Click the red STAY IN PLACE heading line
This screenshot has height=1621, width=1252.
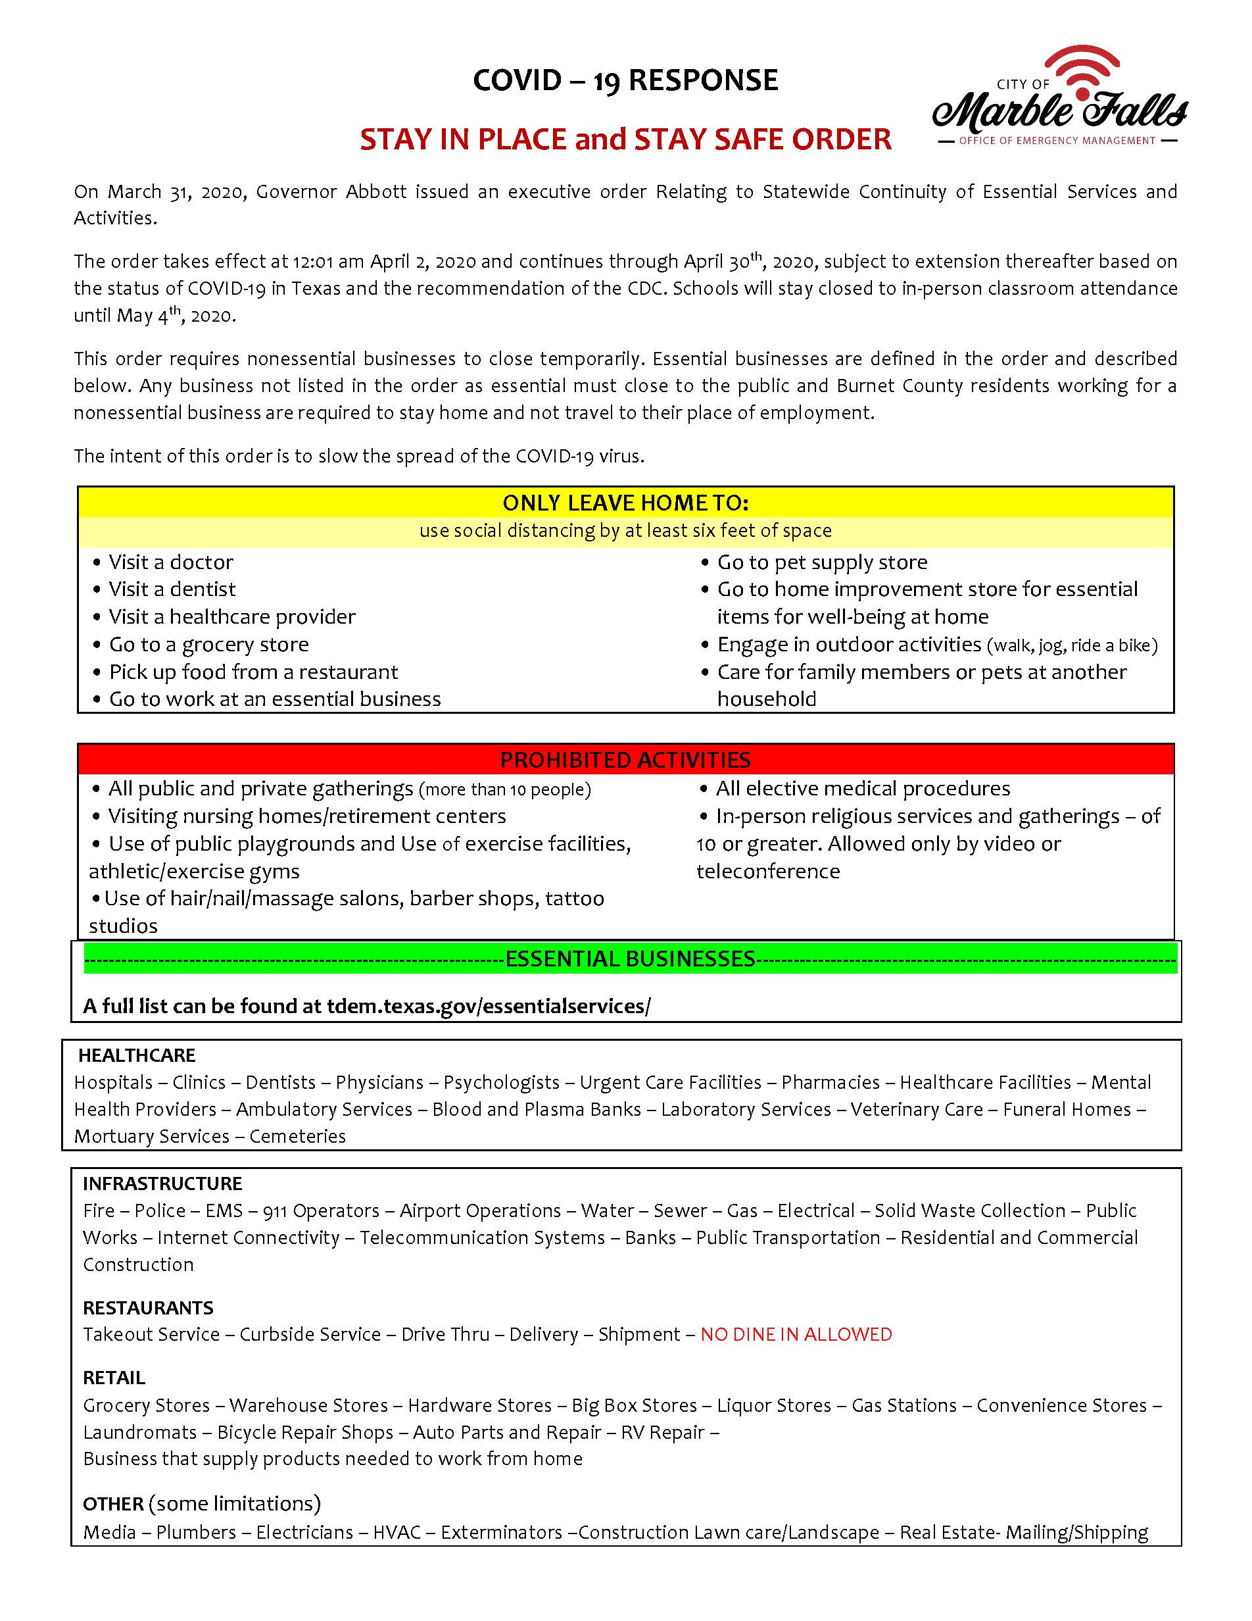(x=625, y=139)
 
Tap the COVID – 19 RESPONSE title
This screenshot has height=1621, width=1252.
(x=625, y=80)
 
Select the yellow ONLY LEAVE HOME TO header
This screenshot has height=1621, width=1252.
(x=625, y=503)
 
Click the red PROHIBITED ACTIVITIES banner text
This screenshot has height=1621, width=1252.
(x=625, y=759)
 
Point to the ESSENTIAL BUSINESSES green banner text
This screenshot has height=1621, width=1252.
(x=630, y=959)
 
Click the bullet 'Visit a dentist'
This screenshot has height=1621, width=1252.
(x=172, y=589)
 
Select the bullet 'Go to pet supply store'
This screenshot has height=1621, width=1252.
(x=821, y=562)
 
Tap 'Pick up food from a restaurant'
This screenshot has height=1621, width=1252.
(x=253, y=672)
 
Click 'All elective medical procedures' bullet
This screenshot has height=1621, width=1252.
(x=862, y=788)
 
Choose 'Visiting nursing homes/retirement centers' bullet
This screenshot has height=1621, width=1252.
(x=306, y=816)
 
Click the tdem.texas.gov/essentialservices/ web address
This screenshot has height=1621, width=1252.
(x=488, y=1006)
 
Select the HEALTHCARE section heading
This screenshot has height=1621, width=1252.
(x=137, y=1055)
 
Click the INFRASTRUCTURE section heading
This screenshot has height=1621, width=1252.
(x=162, y=1183)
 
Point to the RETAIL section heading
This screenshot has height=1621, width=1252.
(x=114, y=1378)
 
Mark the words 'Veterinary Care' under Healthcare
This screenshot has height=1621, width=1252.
(x=916, y=1109)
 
